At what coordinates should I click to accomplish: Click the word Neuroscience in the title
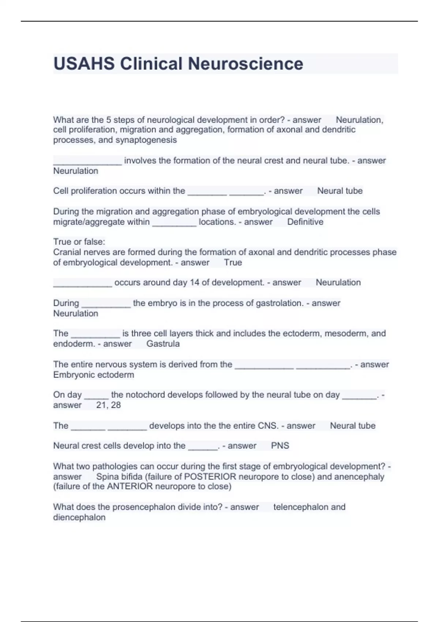245,64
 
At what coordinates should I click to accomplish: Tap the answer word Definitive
305,222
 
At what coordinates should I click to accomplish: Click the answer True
233,263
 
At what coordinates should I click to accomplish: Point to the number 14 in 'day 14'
195,283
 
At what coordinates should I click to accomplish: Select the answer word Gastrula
163,344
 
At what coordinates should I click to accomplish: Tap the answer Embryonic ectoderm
94,375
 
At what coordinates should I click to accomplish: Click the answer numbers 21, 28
108,405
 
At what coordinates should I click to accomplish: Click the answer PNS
280,446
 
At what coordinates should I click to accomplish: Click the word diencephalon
79,518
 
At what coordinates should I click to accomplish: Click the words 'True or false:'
79,242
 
